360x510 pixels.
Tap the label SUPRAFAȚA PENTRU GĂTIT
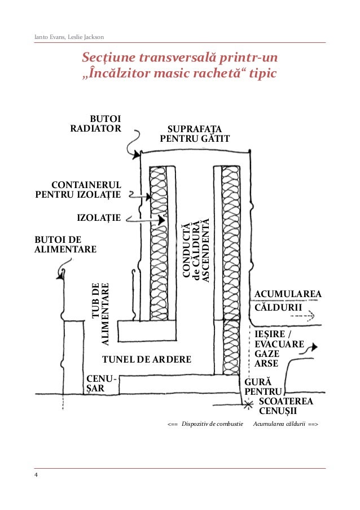point(195,133)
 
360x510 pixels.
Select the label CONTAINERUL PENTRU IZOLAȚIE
point(78,190)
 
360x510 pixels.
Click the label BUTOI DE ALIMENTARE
point(65,244)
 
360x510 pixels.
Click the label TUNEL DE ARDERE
point(146,359)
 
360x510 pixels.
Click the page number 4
point(36,476)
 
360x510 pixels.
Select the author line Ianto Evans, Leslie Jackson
point(69,37)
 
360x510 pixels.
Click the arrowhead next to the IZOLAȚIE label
point(162,219)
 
